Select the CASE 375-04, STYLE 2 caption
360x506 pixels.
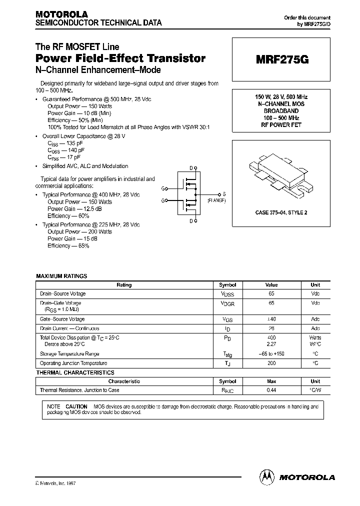[281, 212]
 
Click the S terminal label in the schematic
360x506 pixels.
[224, 194]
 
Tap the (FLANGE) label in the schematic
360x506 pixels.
[216, 200]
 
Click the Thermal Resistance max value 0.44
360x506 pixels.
[271, 390]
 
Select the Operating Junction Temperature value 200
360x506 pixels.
[271, 363]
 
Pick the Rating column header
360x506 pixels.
[124, 285]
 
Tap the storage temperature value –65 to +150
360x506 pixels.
[271, 354]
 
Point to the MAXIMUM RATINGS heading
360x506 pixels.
[61, 276]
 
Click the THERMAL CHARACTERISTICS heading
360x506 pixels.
[75, 372]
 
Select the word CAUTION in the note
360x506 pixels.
[76, 406]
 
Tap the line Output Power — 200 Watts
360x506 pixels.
[79, 232]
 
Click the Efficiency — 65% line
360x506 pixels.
[68, 246]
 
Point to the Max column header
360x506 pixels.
[271, 381]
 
